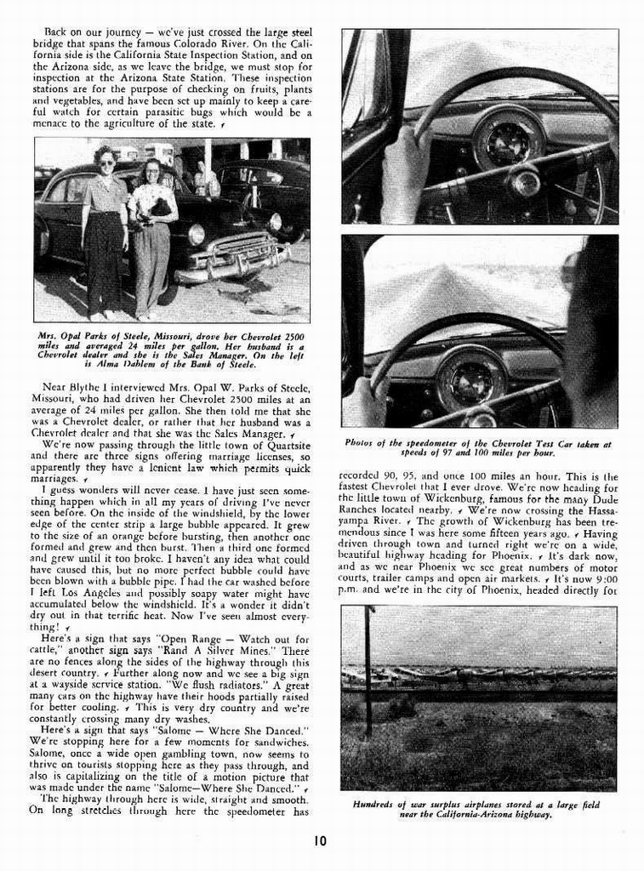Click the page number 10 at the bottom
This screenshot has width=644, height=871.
pos(319,841)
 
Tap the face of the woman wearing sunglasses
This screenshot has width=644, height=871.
pos(106,161)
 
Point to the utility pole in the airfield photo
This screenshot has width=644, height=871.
pos(368,672)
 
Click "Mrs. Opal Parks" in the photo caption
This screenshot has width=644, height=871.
pos(72,334)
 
